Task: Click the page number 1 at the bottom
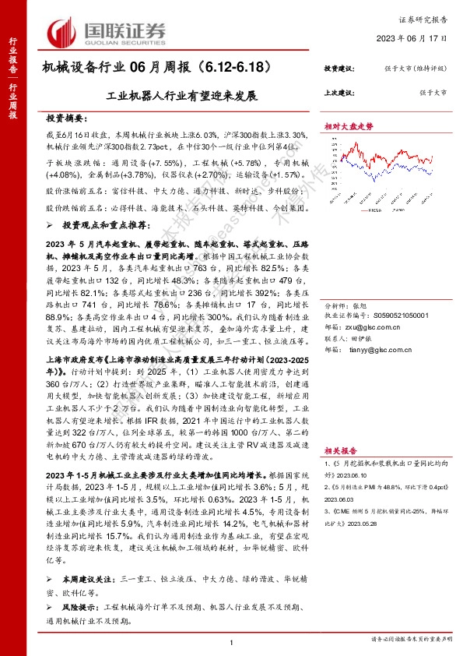coord(232,642)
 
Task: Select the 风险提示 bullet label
coord(73,604)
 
